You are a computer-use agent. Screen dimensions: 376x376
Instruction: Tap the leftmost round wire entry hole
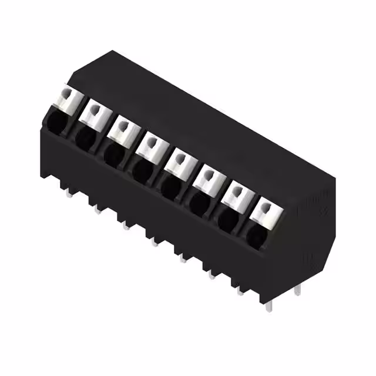(56, 123)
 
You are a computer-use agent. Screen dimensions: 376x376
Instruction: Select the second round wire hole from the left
(85, 137)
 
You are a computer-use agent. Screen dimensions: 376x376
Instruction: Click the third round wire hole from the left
(113, 153)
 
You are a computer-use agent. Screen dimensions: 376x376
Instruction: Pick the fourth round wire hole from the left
(142, 170)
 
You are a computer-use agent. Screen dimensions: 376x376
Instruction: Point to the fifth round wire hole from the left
(170, 187)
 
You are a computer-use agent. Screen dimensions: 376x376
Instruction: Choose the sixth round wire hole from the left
(199, 203)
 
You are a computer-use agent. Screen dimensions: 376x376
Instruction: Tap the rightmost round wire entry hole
(256, 234)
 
